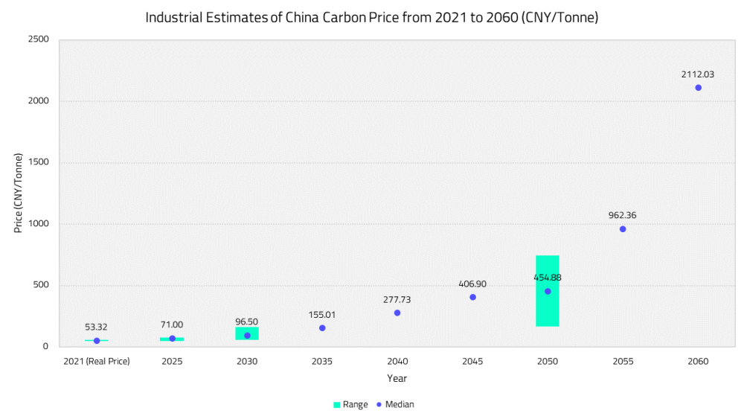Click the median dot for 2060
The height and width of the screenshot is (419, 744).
(x=698, y=88)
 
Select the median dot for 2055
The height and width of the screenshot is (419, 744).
(x=623, y=229)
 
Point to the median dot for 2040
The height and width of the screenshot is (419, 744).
(x=397, y=313)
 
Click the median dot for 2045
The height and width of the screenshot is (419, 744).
(x=472, y=297)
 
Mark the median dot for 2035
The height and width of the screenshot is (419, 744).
(x=322, y=328)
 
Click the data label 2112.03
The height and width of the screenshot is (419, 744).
(x=698, y=74)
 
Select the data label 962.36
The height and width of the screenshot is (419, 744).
(x=623, y=216)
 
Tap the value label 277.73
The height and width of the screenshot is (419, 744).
(x=397, y=299)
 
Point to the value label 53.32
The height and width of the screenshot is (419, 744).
(x=97, y=327)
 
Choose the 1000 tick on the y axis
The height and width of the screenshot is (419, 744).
(x=39, y=224)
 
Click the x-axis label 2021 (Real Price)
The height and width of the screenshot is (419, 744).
(x=97, y=361)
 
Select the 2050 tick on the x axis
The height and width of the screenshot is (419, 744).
(x=548, y=361)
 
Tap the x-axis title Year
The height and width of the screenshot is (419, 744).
(x=397, y=378)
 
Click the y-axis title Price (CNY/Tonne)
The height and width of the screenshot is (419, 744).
(x=19, y=193)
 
